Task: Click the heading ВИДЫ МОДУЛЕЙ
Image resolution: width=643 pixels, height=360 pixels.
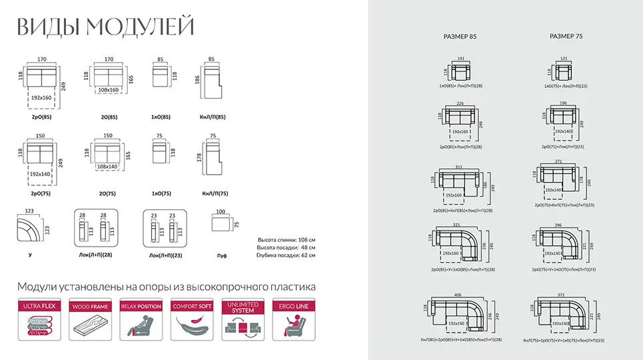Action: click(x=105, y=27)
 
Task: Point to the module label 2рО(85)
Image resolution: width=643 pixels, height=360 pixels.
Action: click(x=41, y=117)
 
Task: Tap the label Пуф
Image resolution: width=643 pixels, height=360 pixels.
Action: click(x=221, y=255)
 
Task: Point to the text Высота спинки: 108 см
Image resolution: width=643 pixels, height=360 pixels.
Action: click(x=286, y=239)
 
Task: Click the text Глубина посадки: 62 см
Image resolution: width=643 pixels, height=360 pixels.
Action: click(x=286, y=255)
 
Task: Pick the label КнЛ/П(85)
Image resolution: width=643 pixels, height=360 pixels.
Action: click(x=214, y=117)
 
